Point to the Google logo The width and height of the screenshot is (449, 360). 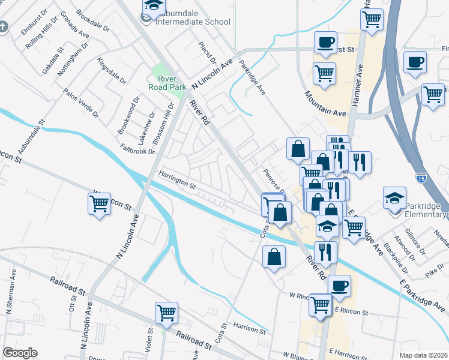[20, 353]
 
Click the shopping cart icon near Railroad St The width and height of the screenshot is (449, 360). [166, 312]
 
